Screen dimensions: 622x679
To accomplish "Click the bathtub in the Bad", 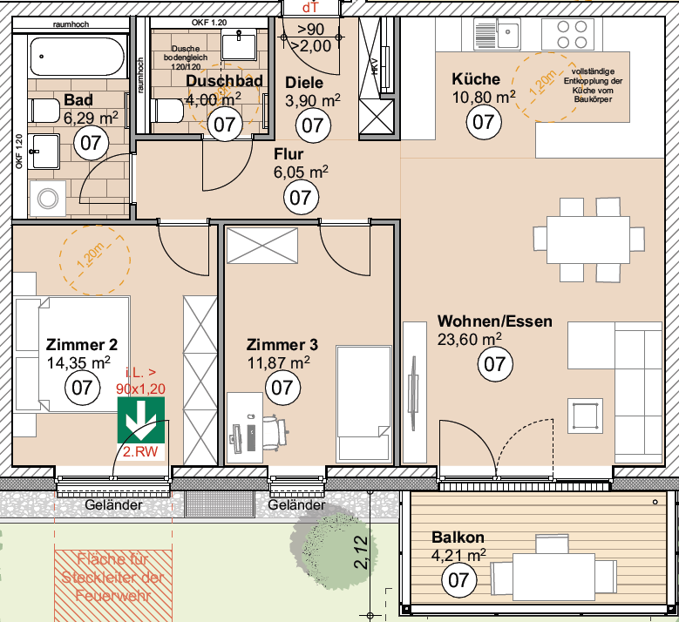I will click(x=72, y=57).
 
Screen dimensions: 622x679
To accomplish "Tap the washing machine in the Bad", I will click(x=46, y=199).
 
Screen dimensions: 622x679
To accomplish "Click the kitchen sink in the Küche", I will click(x=497, y=35).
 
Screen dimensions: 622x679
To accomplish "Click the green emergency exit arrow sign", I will click(x=140, y=420).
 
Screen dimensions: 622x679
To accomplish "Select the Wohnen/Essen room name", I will click(x=494, y=321).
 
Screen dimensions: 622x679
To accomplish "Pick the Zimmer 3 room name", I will click(x=282, y=343).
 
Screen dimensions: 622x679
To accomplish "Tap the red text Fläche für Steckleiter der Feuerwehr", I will click(x=113, y=578).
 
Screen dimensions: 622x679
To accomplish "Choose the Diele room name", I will click(x=304, y=83).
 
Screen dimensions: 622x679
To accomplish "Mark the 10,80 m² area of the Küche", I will click(x=484, y=97).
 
